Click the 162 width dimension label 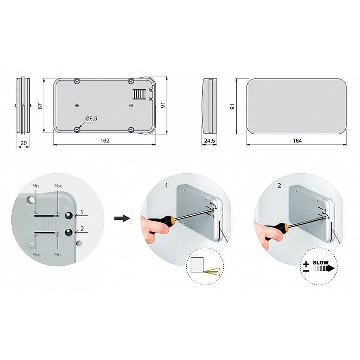(x=105, y=141)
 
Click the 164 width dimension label (x=297, y=141)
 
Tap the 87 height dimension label (x=40, y=106)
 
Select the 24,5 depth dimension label (x=210, y=141)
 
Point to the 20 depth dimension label (x=24, y=143)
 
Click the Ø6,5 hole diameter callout (x=91, y=118)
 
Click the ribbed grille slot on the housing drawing (x=139, y=94)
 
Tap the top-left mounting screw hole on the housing (x=77, y=81)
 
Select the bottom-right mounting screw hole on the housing (x=131, y=130)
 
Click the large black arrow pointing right (x=122, y=218)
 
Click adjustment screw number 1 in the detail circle (x=69, y=216)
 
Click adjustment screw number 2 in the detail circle (x=69, y=232)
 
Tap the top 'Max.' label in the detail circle (x=58, y=186)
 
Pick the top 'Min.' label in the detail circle (x=36, y=186)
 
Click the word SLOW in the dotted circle (x=321, y=262)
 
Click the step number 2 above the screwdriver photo (x=279, y=186)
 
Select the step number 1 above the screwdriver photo (x=167, y=185)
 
